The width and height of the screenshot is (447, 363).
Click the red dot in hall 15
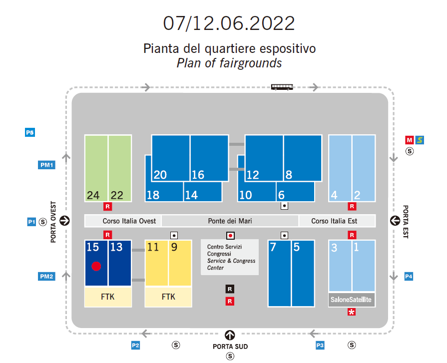96,266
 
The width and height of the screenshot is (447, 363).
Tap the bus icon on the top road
282,87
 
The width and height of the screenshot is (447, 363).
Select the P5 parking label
30,133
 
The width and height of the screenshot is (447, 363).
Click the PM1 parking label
46,165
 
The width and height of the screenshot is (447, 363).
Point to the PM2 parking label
46,276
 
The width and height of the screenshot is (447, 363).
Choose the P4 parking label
409,276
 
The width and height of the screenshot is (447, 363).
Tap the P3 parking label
320,345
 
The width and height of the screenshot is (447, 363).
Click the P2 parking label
135,345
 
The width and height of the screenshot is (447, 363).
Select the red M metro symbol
410,140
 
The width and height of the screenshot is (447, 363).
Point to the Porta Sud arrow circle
230,335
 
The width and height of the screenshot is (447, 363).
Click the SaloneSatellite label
351,300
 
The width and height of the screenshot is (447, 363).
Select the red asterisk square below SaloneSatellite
352,313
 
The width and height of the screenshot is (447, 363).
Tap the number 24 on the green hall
93,195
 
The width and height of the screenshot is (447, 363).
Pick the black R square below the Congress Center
230,289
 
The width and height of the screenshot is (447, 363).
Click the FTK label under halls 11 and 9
168,297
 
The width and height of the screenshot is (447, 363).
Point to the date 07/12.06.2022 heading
229,23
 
